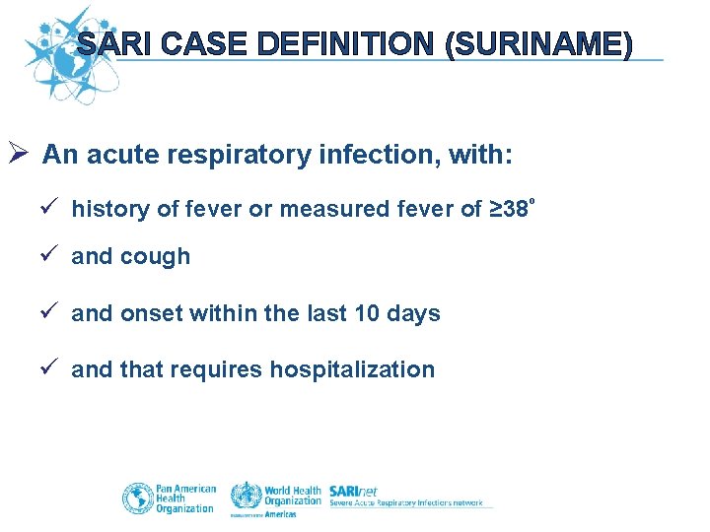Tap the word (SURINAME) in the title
click(x=538, y=44)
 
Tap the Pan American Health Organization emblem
click(x=137, y=498)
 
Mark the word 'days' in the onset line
click(x=417, y=313)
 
